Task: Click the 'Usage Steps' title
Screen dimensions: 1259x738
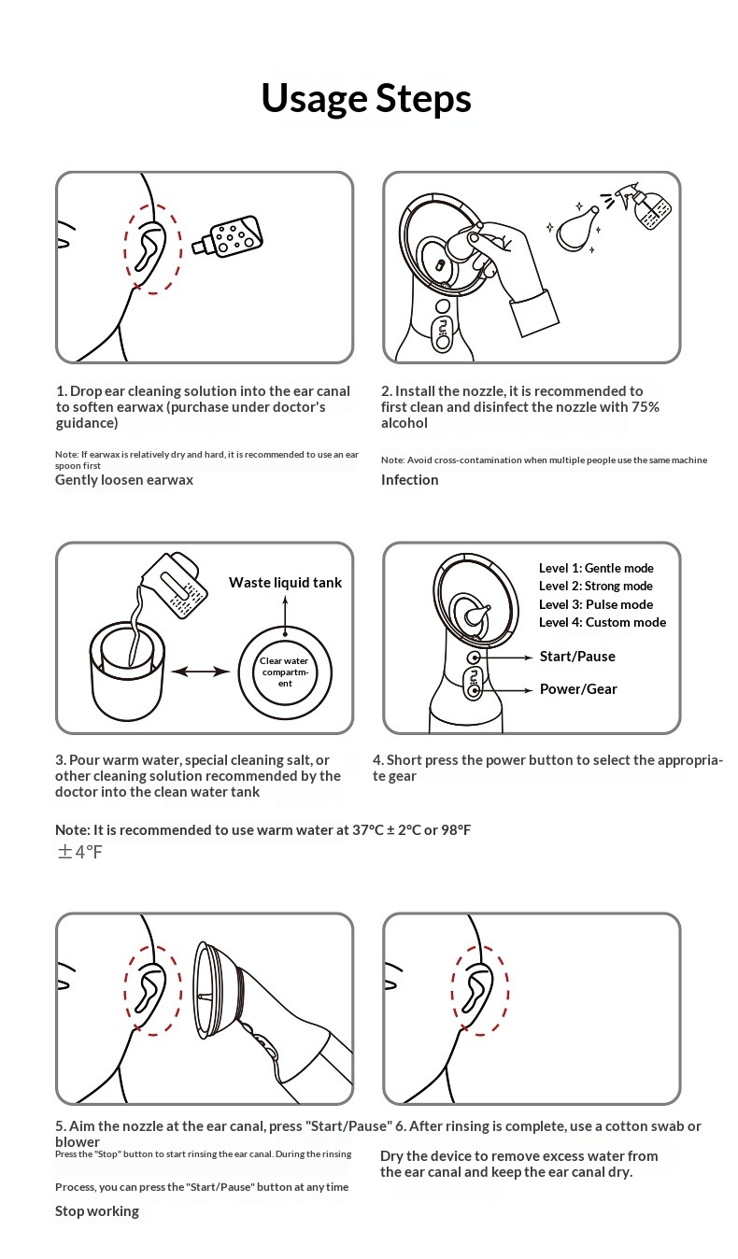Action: [x=366, y=98]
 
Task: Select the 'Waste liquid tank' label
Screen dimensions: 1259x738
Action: [x=285, y=583]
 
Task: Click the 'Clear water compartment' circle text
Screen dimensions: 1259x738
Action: [x=285, y=672]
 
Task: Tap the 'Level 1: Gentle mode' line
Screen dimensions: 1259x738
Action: [x=596, y=568]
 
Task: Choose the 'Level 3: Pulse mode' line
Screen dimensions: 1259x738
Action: [x=595, y=604]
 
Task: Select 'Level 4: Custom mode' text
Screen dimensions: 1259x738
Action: [x=603, y=622]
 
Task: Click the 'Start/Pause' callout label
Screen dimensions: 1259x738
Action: [x=577, y=657]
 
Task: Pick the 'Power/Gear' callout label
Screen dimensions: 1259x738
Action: [x=578, y=689]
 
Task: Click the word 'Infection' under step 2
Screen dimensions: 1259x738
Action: [x=409, y=480]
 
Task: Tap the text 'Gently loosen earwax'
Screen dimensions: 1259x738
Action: [x=124, y=480]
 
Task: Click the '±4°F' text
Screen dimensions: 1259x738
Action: [x=79, y=852]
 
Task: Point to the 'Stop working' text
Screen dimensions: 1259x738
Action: [x=97, y=1211]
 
